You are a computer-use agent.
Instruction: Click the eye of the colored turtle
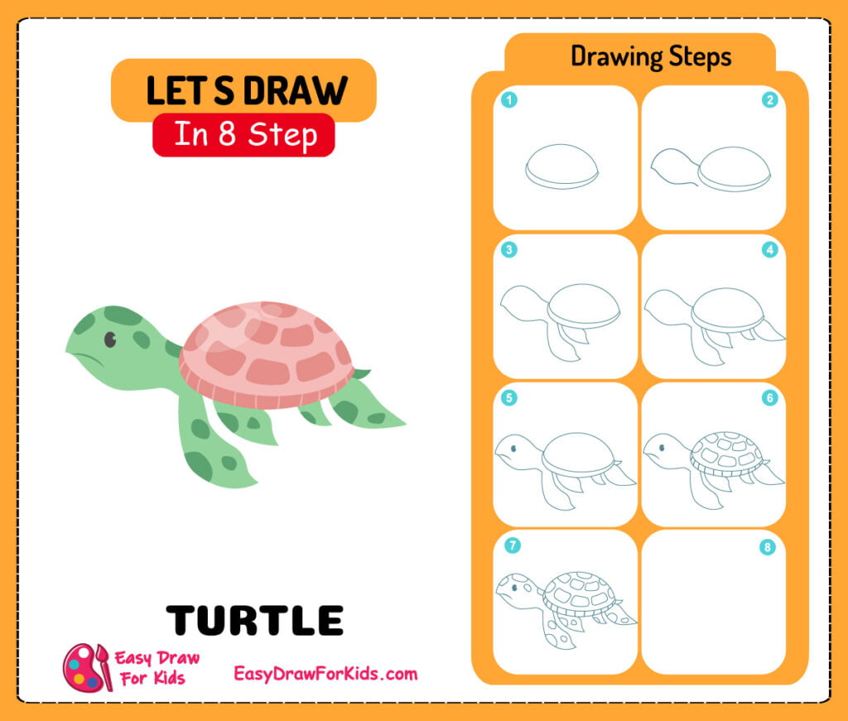click(x=109, y=339)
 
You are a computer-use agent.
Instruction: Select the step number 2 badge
click(x=769, y=101)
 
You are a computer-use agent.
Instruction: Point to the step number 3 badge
click(x=509, y=249)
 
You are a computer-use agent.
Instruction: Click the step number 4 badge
click(x=769, y=249)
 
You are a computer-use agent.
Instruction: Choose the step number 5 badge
click(x=509, y=398)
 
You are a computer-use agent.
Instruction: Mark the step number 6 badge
click(x=769, y=398)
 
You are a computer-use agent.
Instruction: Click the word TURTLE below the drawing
click(x=255, y=620)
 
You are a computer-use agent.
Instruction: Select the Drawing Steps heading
click(x=651, y=56)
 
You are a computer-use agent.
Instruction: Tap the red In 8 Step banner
click(x=243, y=135)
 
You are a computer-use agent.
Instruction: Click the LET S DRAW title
click(x=245, y=90)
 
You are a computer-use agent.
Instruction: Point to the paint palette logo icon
click(x=87, y=666)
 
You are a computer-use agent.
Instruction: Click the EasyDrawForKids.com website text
click(x=325, y=674)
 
